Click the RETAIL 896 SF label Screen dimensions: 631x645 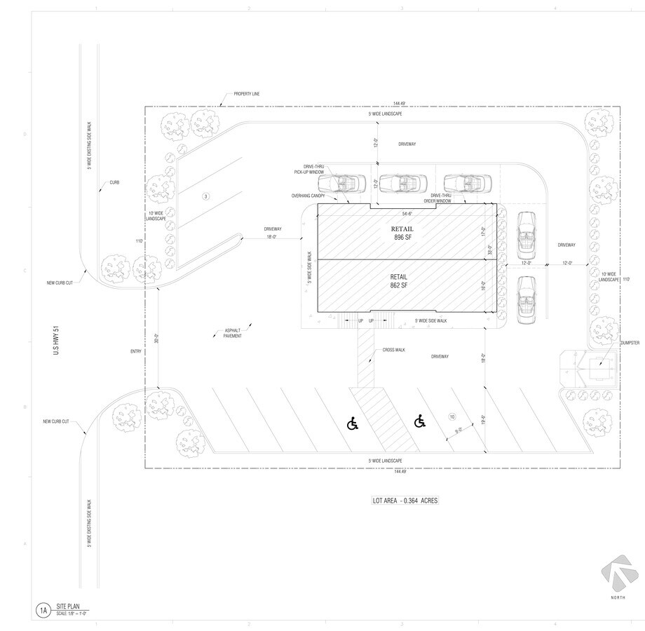click(x=403, y=233)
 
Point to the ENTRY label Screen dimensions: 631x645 click(x=136, y=351)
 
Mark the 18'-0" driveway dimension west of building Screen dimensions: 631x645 click(x=273, y=238)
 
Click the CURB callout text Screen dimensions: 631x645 click(x=114, y=182)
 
